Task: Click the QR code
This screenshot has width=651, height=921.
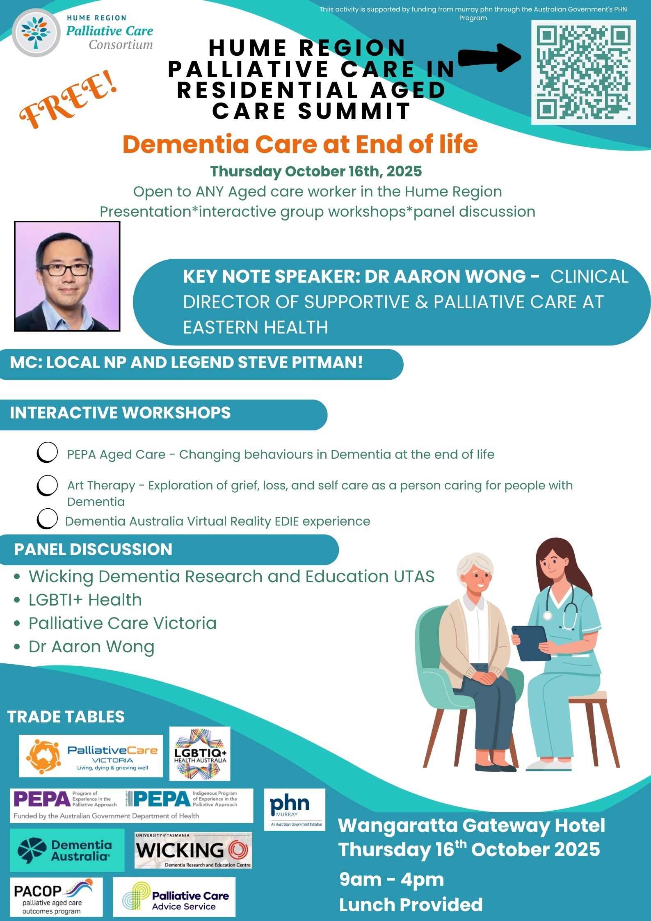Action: pos(584,72)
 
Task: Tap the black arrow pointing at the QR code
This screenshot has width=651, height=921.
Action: pos(489,58)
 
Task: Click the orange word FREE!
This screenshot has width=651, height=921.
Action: pos(69,100)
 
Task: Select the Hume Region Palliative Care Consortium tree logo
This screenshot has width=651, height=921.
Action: pos(36,33)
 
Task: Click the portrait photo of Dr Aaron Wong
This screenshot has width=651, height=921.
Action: pos(67,276)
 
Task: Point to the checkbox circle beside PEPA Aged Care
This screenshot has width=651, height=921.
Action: pos(47,453)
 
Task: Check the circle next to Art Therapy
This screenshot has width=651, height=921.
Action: pos(47,486)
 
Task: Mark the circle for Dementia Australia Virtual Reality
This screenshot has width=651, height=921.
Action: pos(47,519)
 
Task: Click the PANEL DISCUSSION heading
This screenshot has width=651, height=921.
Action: pos(93,549)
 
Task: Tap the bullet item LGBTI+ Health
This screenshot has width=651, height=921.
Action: pos(85,600)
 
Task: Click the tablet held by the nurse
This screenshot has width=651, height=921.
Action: pos(532,643)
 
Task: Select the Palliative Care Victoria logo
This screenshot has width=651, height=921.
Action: pos(91,756)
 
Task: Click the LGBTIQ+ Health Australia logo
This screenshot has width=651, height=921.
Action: pos(200,754)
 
